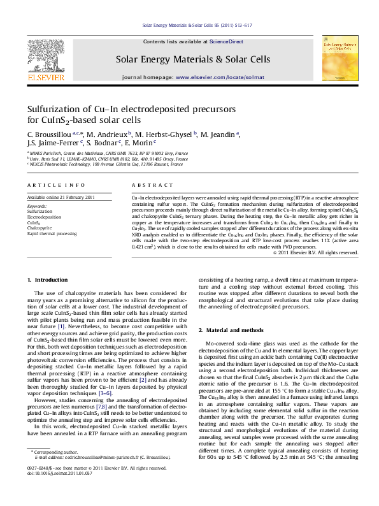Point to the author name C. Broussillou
(48, 135)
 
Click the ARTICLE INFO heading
(49, 184)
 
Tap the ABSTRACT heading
(148, 184)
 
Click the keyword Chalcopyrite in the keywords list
(39, 226)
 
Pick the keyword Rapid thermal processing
(50, 232)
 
